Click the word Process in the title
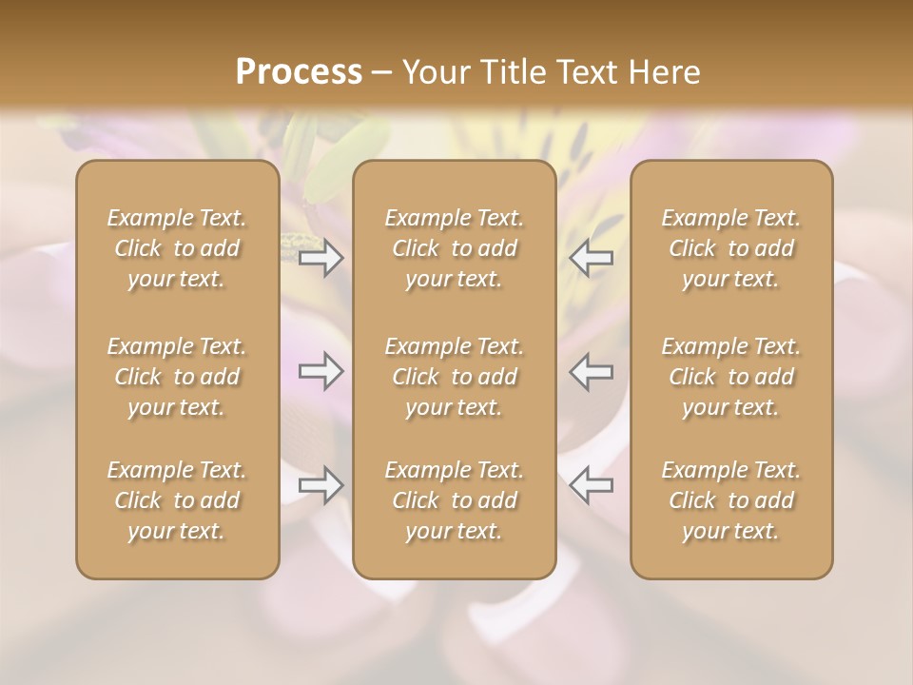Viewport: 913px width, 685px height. click(299, 72)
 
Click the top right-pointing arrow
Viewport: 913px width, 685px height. click(321, 257)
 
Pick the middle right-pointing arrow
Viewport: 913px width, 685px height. click(321, 371)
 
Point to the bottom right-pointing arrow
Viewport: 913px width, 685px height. click(321, 485)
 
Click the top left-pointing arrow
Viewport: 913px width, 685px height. click(592, 257)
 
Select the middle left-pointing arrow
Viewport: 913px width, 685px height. click(592, 371)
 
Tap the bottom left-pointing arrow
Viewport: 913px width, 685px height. click(592, 485)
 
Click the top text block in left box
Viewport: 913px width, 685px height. click(177, 248)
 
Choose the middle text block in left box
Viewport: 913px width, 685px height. click(177, 377)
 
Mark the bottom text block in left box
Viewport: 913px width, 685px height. click(177, 500)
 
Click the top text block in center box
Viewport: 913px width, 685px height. click(454, 248)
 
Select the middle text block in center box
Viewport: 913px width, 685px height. click(454, 377)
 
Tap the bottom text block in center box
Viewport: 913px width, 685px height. click(454, 500)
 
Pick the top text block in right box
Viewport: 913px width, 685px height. click(730, 248)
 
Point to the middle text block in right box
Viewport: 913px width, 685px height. click(730, 377)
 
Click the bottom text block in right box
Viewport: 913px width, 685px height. click(730, 500)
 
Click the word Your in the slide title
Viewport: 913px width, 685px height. click(434, 72)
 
